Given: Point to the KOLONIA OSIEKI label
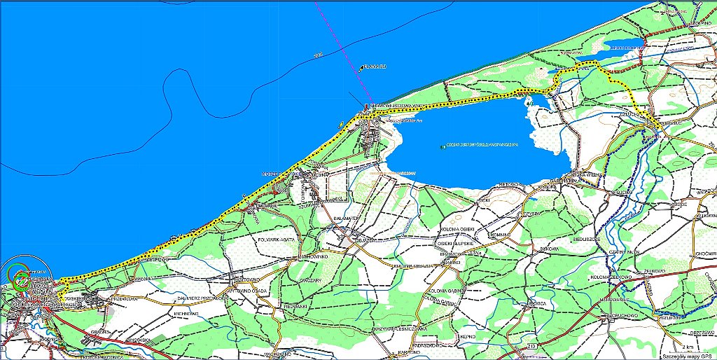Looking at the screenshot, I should click(x=457, y=230).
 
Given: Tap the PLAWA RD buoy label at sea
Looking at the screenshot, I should click(x=373, y=67).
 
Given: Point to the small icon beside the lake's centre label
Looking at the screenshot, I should click(x=443, y=147).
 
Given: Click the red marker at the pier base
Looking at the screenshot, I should click(x=366, y=106).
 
